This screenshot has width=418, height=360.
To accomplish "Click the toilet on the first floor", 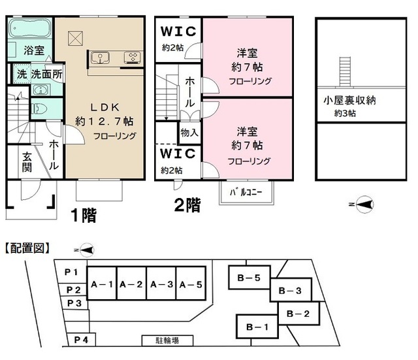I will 38,108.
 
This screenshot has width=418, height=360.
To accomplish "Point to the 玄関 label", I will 27,161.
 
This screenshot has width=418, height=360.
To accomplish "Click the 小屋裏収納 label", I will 349,101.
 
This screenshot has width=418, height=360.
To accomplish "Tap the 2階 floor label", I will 187,205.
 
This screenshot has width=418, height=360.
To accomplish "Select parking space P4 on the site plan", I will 80,339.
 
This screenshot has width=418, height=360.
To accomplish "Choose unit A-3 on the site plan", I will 161,284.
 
